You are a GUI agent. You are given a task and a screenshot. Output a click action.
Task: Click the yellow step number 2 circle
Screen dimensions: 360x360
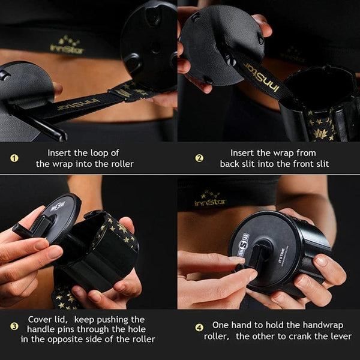pyautogui.click(x=200, y=158)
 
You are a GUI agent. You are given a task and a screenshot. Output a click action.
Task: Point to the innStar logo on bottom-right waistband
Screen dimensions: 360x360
pyautogui.click(x=211, y=199)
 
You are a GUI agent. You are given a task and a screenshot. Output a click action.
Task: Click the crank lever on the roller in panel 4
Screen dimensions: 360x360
pyautogui.click(x=255, y=258)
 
